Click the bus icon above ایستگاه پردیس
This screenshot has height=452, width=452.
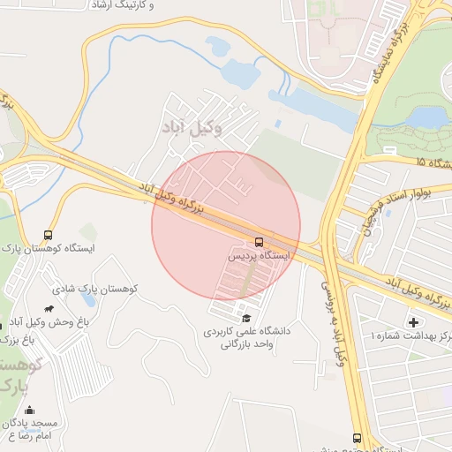[260, 241]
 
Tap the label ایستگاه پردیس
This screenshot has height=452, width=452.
[259, 255]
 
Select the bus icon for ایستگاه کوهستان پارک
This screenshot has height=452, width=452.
[48, 236]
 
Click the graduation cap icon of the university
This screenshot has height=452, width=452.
[245, 318]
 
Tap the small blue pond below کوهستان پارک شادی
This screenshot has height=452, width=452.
[113, 302]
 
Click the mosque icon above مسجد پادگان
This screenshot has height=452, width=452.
[29, 411]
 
